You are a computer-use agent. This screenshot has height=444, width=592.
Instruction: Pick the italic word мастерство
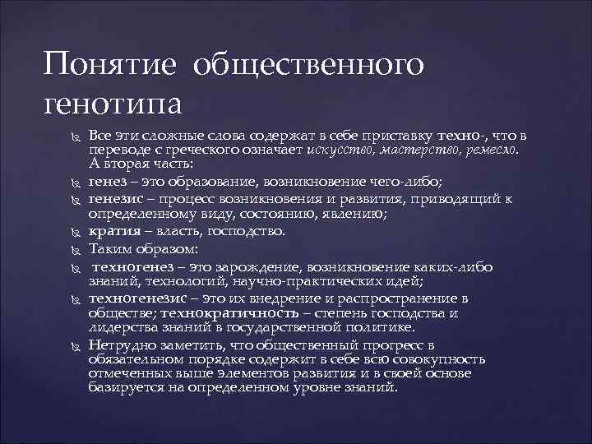405,150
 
